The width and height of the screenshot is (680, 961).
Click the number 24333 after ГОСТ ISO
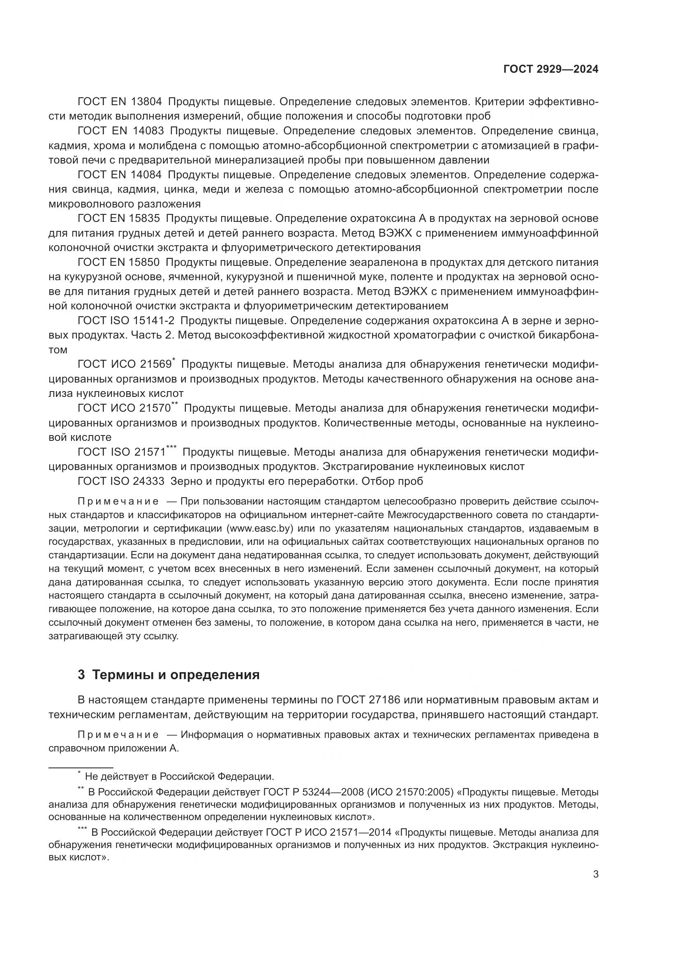(x=149, y=481)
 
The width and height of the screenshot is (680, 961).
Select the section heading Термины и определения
(x=176, y=675)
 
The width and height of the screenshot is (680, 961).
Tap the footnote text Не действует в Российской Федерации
(x=179, y=777)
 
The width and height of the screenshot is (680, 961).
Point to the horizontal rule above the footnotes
(x=81, y=767)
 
